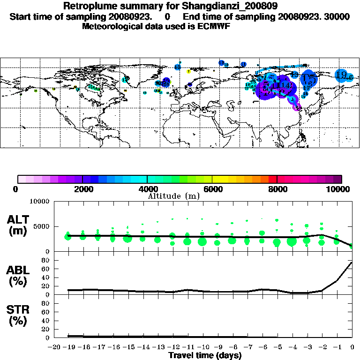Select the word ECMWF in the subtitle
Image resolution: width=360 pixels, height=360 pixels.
[213, 26]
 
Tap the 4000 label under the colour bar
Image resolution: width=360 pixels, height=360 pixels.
[147, 189]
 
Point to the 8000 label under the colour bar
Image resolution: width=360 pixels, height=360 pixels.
[277, 189]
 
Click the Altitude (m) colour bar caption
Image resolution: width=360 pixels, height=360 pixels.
[173, 196]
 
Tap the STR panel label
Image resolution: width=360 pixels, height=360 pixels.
[18, 315]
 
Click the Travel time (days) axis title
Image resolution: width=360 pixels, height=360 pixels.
[204, 355]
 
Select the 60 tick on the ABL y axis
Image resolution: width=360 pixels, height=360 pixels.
[46, 269]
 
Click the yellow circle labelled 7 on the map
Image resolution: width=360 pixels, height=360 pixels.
[188, 72]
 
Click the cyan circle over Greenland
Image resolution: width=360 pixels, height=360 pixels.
[125, 80]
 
